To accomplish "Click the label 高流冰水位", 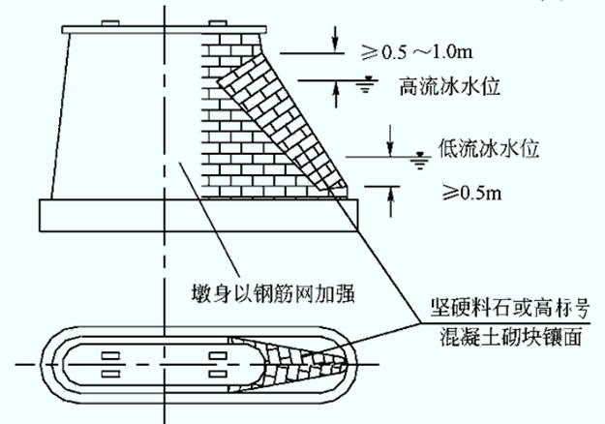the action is pos(449,86).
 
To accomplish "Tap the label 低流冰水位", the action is pos(488,148).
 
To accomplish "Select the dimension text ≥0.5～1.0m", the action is pos(416,51).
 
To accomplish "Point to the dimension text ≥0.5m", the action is pos(471,192).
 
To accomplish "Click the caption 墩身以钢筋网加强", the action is pos(273,294).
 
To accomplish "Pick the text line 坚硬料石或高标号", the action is pos(510,308).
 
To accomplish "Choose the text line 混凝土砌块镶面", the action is pos(511,336).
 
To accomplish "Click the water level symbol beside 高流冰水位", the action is pos(366,85).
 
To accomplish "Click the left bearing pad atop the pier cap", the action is pos(110,23).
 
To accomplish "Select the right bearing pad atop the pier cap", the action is pos(218,23).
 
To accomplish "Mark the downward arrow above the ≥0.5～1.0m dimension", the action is pos(335,39).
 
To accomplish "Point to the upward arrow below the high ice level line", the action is pos(336,95).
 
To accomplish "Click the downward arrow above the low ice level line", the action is pos(390,140).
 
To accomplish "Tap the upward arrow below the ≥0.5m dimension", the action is pos(391,201).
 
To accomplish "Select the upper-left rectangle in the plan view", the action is pos(110,355).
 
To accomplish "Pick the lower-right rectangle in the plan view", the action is pos(218,374).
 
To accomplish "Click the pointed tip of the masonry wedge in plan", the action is pos(347,363).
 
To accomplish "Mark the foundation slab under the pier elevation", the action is pos(198,215).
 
